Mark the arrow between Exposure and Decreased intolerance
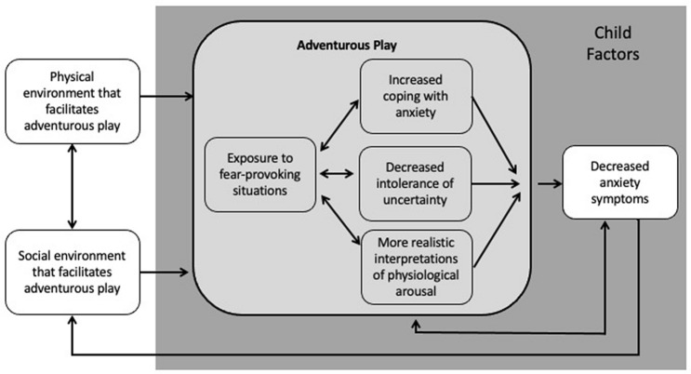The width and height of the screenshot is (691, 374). (335, 174)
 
